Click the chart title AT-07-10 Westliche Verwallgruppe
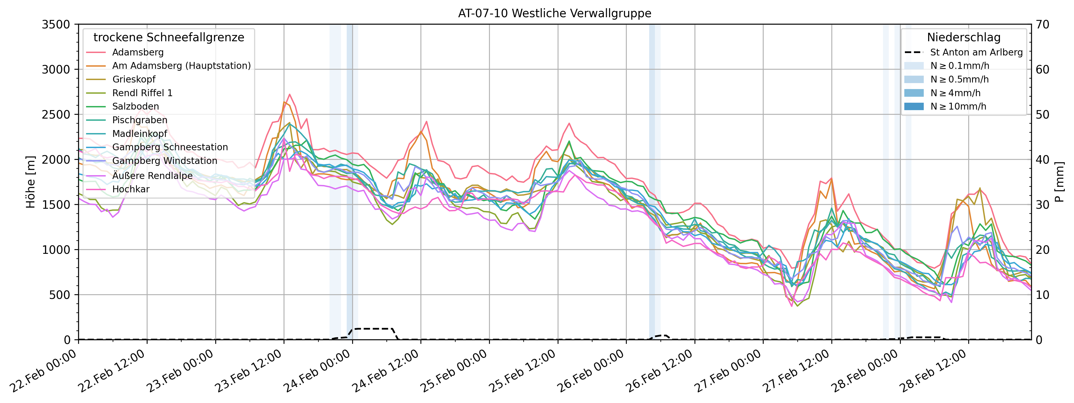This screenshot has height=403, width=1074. tap(555, 13)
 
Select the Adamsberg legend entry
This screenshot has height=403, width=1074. tap(138, 52)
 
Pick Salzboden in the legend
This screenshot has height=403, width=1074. tap(136, 106)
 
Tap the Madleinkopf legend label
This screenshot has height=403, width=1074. tap(140, 133)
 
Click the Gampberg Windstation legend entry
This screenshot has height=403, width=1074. tap(165, 161)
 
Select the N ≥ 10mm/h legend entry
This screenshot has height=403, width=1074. tap(958, 106)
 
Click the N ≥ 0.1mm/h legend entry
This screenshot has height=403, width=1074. tap(959, 65)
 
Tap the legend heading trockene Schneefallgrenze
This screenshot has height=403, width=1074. tap(169, 37)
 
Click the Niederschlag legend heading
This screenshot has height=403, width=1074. tap(964, 37)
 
